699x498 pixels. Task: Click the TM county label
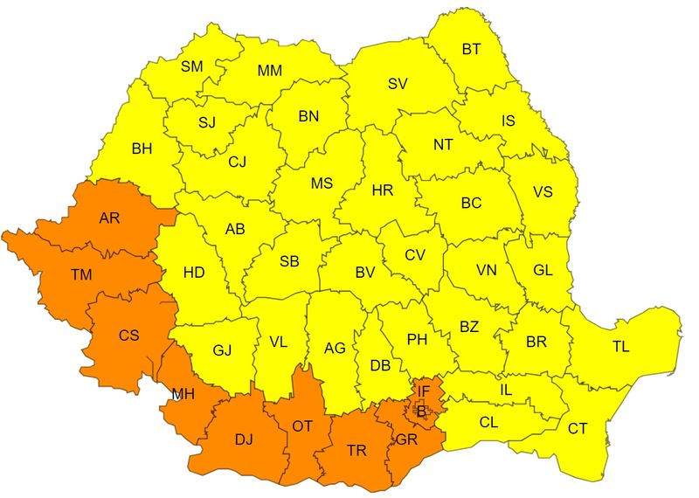click(81, 274)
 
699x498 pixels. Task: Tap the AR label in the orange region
click(109, 218)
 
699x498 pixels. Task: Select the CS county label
click(129, 334)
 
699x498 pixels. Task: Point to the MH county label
click(183, 394)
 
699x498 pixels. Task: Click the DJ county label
click(244, 439)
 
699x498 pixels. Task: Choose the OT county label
click(302, 425)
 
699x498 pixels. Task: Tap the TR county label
click(356, 450)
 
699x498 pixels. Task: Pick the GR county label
click(406, 439)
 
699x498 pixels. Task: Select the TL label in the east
click(620, 347)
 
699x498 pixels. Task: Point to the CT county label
click(578, 428)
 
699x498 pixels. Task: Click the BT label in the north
click(471, 50)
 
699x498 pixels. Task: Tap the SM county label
click(191, 66)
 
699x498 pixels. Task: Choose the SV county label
click(398, 84)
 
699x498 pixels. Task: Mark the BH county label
click(142, 149)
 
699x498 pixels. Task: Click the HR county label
click(383, 190)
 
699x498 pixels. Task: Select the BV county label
click(364, 273)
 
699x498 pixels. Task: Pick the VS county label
click(543, 192)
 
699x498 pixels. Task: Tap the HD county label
click(193, 273)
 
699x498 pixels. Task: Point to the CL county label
click(490, 421)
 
